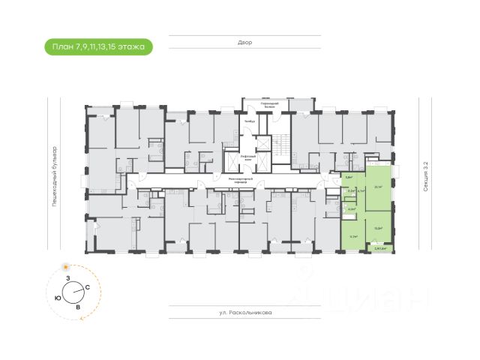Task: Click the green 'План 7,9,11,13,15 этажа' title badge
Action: click(x=98, y=47)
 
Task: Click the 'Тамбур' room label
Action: click(x=250, y=121)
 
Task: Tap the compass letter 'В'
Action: click(x=79, y=306)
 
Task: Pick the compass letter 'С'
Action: click(x=88, y=287)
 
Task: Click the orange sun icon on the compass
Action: click(x=67, y=267)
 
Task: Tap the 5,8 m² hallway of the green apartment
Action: click(x=348, y=178)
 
